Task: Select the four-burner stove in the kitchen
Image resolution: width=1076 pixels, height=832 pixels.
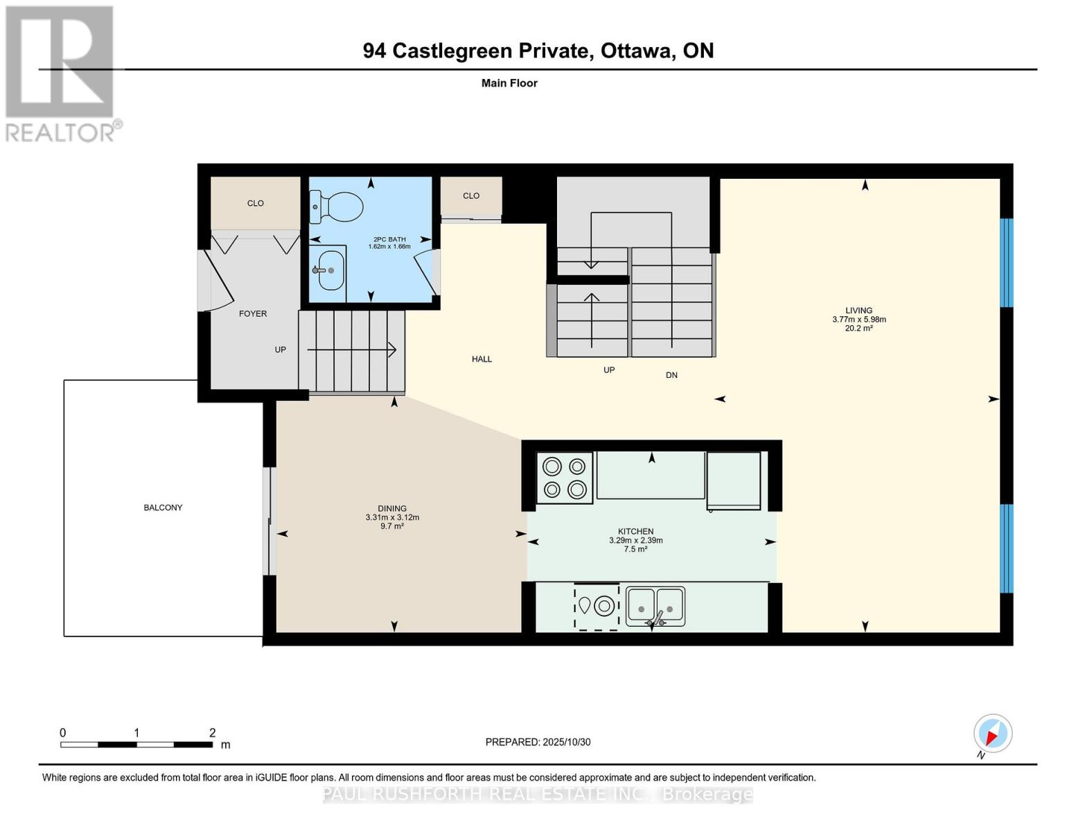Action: pos(565,478)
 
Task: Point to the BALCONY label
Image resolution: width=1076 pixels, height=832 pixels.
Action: pos(163,508)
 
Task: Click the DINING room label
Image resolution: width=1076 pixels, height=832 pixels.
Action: pos(392,508)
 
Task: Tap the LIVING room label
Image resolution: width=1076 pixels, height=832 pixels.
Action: pos(858,311)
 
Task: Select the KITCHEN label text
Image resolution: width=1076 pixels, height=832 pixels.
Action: pos(635,532)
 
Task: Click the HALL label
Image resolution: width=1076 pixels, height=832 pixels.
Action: pos(482,359)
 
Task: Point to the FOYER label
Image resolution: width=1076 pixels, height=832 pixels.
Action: pos(253,313)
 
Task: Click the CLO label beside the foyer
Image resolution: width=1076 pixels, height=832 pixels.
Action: pos(255,203)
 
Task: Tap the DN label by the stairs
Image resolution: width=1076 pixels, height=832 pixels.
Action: pos(671,375)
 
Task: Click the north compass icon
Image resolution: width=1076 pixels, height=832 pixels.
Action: pos(993,734)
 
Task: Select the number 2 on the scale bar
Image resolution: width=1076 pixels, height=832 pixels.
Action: pos(213,733)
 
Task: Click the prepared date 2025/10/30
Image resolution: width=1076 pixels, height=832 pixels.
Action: pos(566,742)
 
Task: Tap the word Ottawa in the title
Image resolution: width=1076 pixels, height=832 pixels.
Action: pos(637,51)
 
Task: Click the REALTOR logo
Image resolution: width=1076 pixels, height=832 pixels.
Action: pos(61,73)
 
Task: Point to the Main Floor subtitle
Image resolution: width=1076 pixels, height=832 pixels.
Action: pos(509,83)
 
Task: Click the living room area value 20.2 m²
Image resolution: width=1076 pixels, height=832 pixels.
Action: pos(858,329)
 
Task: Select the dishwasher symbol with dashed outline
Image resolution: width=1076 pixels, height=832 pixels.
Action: pos(597,607)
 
